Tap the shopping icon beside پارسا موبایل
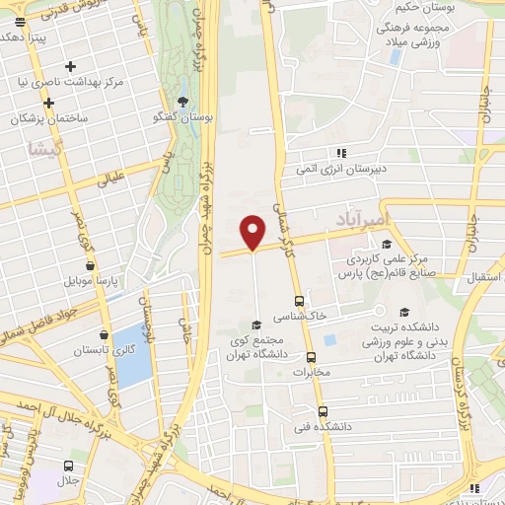click(x=91, y=265)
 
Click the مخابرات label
click(x=312, y=373)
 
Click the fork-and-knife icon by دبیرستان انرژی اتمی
click(x=341, y=153)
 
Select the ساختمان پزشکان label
click(x=50, y=118)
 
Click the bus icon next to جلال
click(x=67, y=466)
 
